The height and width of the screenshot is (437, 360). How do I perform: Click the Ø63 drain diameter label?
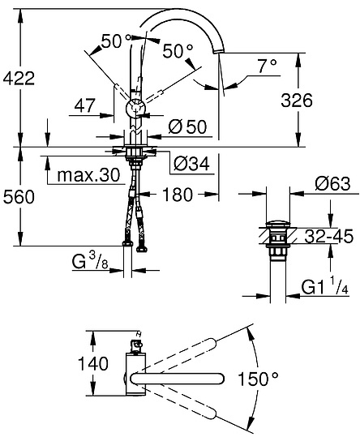[331, 183]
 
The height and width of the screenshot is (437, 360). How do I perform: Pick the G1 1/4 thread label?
[324, 286]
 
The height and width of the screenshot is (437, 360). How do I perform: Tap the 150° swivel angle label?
[258, 377]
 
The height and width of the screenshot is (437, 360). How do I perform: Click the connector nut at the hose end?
[127, 243]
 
